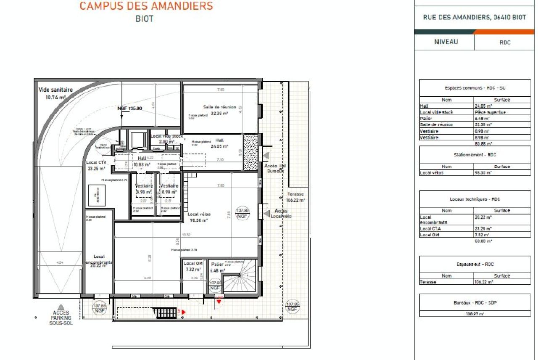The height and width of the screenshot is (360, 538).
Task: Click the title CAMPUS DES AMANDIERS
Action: click(146, 6)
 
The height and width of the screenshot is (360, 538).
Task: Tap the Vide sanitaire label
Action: click(55, 90)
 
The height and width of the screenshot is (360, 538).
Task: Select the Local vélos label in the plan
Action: click(199, 214)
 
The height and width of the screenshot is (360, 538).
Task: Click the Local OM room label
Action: click(193, 263)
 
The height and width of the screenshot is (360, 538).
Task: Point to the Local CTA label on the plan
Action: click(96, 162)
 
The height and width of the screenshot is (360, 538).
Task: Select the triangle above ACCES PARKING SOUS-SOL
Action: click(61, 307)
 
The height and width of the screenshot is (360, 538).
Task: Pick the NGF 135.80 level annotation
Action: click(129, 108)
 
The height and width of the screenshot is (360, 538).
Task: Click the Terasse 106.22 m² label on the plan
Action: click(296, 197)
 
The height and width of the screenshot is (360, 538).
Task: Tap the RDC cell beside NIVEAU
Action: click(505, 42)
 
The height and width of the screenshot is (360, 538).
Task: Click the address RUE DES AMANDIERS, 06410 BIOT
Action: click(475, 17)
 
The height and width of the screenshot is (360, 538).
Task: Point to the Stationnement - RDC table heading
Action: click(475, 154)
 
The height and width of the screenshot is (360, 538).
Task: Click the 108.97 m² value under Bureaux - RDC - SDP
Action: click(475, 314)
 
